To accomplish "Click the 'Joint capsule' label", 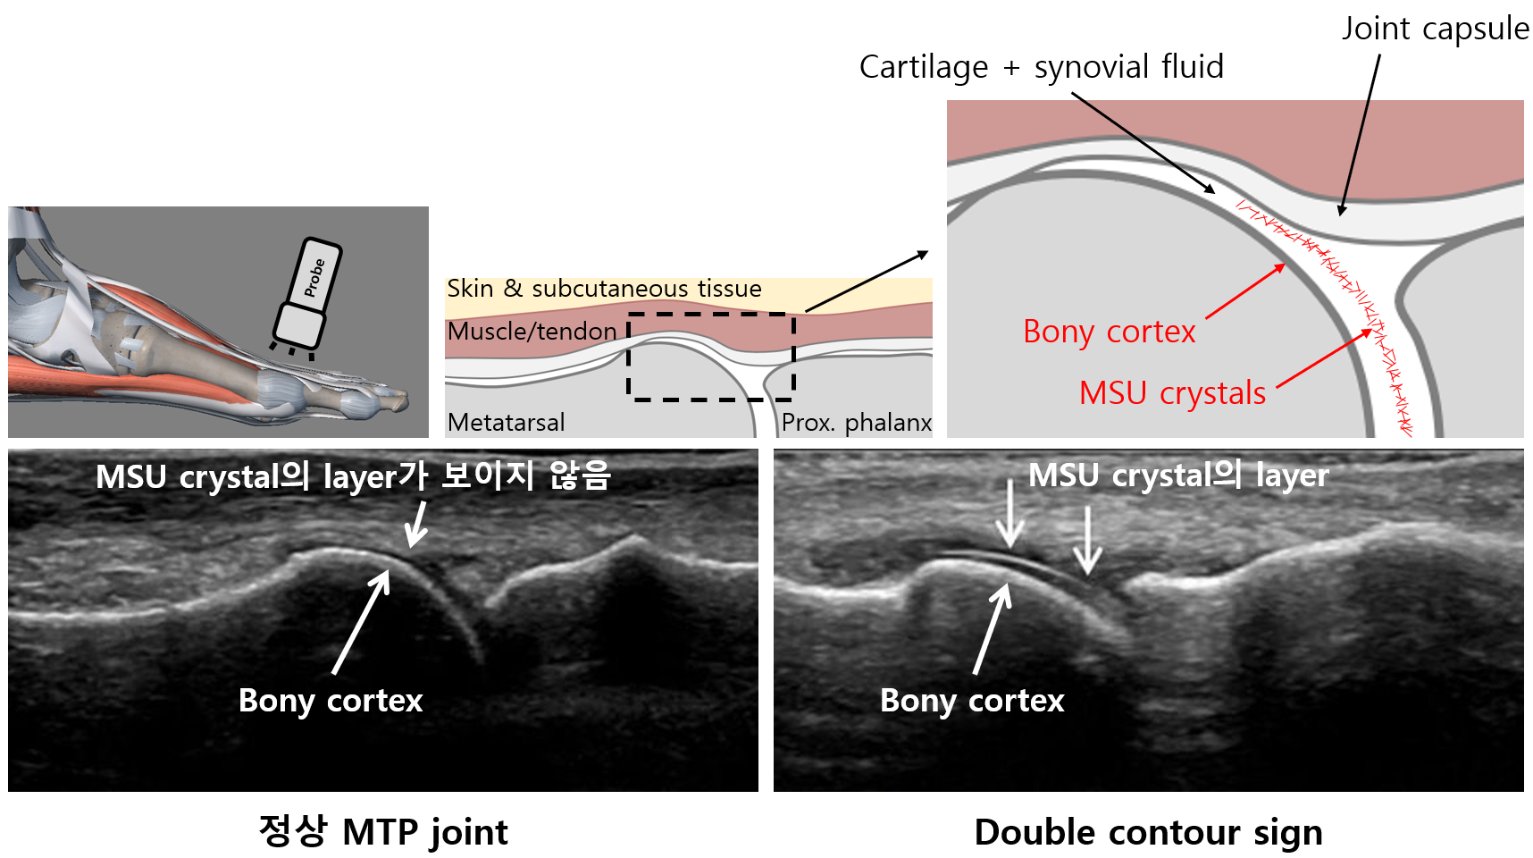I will [x=1435, y=29].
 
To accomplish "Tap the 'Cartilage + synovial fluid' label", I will [x=1041, y=67].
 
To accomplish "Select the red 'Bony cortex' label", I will [x=1109, y=332].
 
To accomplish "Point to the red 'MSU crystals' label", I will [x=1172, y=393].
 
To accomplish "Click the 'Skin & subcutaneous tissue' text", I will [x=604, y=289].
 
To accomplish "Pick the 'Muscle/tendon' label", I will [x=532, y=332].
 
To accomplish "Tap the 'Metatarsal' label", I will [x=506, y=422].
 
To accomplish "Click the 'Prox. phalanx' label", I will [x=856, y=422].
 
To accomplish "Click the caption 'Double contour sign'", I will [x=1148, y=832].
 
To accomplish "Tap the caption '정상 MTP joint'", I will [x=382, y=832].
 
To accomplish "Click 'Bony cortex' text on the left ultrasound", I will [x=331, y=701].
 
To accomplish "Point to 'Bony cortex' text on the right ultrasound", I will [x=972, y=701].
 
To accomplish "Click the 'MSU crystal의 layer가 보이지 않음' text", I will [x=353, y=475].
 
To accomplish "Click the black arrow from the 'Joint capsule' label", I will [x=1360, y=134].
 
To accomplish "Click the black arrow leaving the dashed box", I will [x=867, y=282].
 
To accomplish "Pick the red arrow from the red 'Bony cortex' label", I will [x=1245, y=291].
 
